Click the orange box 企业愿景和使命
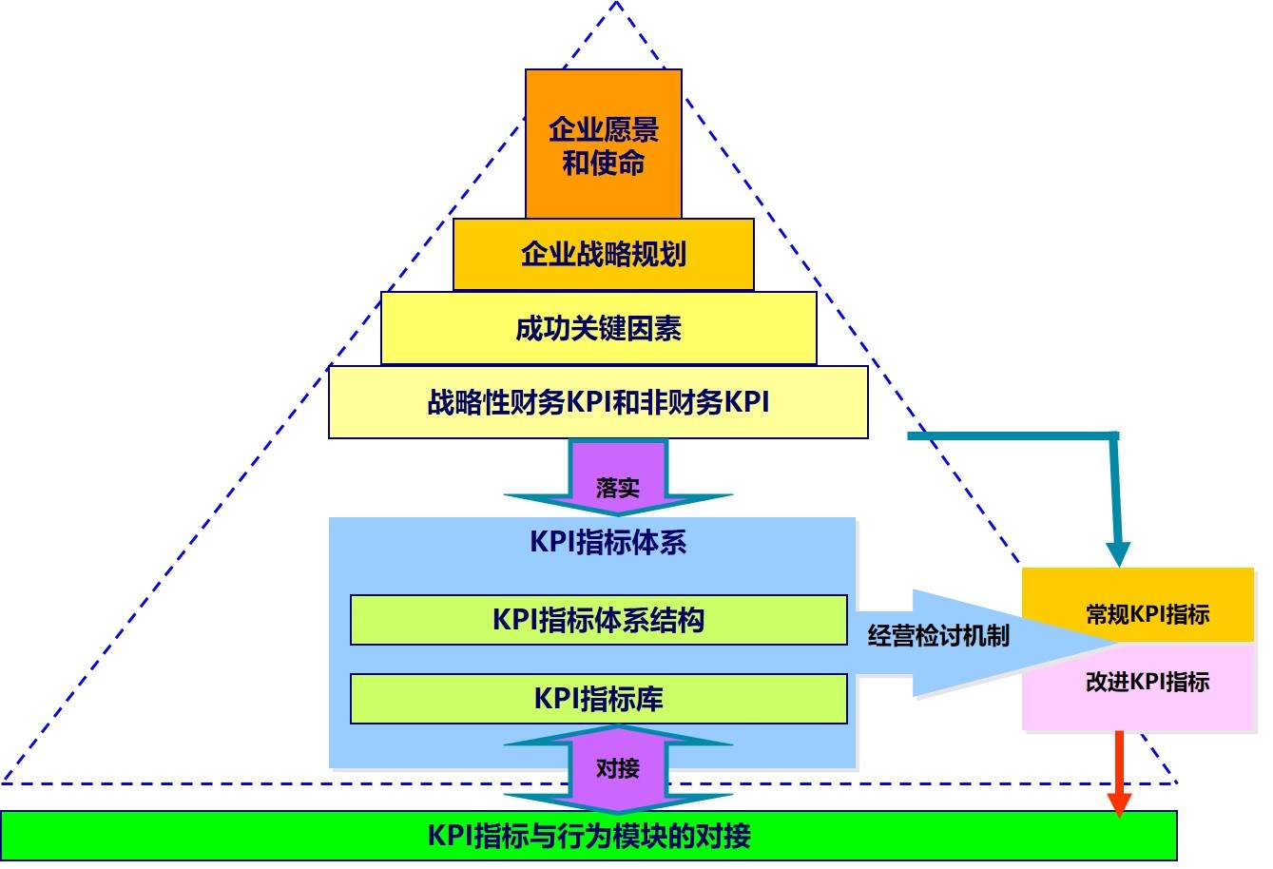603,144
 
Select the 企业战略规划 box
603,254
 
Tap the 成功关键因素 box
598,328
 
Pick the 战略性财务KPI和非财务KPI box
598,403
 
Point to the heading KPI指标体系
608,543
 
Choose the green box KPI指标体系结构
598,620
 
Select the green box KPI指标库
598,699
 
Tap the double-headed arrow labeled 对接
618,768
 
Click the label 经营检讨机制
938,636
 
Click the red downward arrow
1119,770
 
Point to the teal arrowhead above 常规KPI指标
1119,553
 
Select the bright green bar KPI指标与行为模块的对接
588,836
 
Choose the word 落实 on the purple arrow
618,489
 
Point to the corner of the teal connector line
1116,435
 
